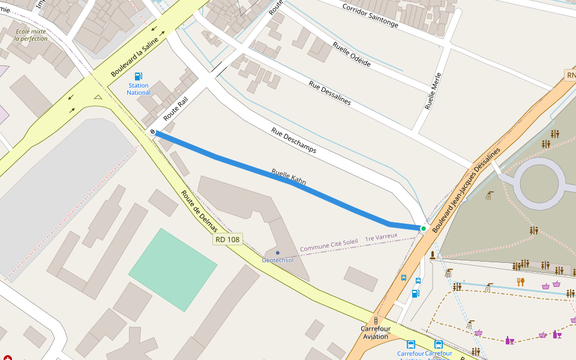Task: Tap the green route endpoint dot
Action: tap(424, 229)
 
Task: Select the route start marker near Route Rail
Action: tap(153, 132)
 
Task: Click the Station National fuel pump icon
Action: tap(139, 76)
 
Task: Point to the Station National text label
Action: tap(139, 89)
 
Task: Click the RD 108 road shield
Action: tap(227, 239)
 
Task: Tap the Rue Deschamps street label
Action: tap(293, 140)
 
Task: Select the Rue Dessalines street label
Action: tap(329, 92)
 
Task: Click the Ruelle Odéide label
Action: tap(352, 55)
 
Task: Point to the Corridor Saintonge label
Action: tap(370, 16)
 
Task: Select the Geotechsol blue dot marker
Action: tap(277, 253)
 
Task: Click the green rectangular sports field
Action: tap(173, 269)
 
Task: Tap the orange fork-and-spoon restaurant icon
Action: tap(520, 281)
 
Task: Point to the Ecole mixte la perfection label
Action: tap(31, 35)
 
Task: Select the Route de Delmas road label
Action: tap(199, 211)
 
